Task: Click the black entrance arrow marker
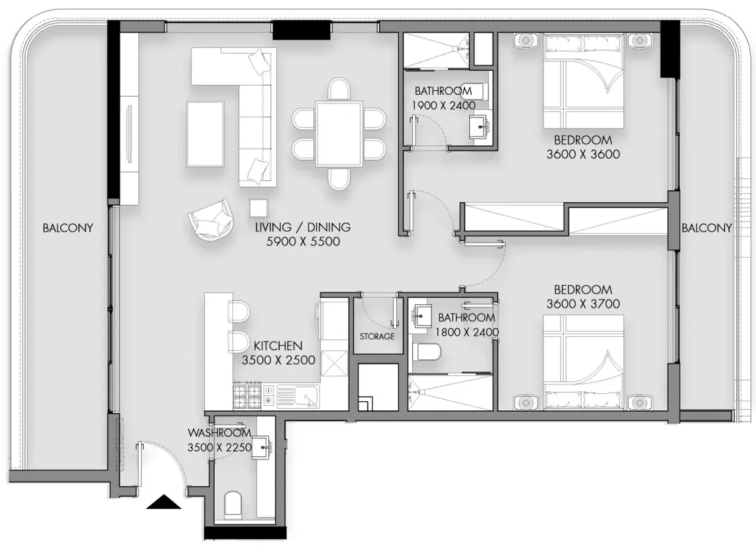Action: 164,503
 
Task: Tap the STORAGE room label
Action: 377,336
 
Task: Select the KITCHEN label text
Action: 278,346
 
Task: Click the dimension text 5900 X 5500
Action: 303,241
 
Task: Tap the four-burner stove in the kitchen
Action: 247,395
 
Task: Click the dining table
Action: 339,133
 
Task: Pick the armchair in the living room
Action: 211,219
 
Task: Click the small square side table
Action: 258,208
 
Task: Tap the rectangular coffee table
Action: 205,133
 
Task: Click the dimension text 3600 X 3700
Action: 583,304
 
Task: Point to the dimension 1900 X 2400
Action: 443,105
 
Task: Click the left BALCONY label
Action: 68,227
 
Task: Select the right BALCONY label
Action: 706,227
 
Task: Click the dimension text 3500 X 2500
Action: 279,360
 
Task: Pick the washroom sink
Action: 263,447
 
